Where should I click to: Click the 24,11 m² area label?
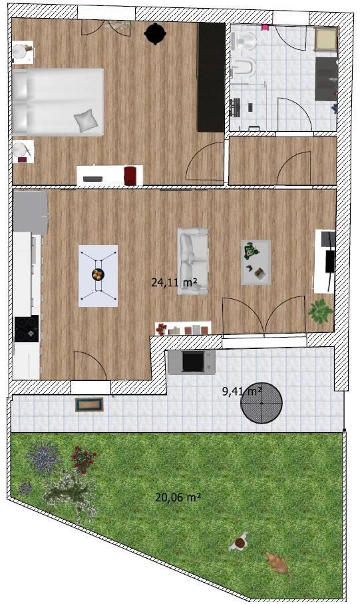tap(174, 282)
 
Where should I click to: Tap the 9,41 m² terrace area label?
tap(242, 392)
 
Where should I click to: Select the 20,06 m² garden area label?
tap(178, 497)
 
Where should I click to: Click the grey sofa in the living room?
tap(192, 262)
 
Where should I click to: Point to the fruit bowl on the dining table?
tap(98, 274)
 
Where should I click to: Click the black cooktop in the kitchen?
tap(27, 328)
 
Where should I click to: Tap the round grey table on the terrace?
tap(262, 404)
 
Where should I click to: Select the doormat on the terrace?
tap(89, 404)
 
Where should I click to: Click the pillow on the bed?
tap(87, 121)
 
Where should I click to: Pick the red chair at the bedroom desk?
tap(130, 176)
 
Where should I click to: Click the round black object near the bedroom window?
tap(155, 34)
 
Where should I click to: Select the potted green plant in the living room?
tap(320, 310)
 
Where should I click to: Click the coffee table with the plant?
tap(256, 262)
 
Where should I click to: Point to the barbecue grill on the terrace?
tap(192, 362)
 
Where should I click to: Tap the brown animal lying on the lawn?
tap(278, 563)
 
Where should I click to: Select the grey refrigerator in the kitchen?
tap(30, 212)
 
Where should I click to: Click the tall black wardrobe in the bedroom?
tap(211, 77)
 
